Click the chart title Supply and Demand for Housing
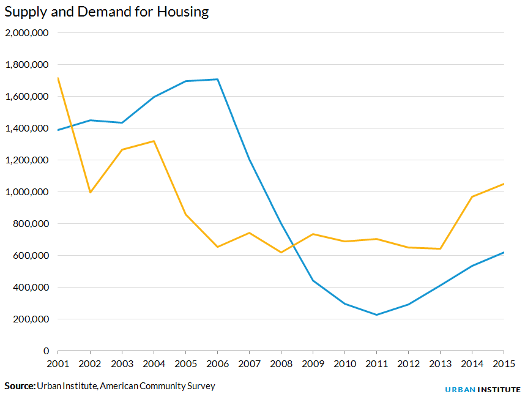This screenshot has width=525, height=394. pyautogui.click(x=106, y=12)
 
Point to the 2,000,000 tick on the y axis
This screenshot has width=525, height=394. pyautogui.click(x=27, y=33)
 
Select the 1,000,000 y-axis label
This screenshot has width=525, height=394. pyautogui.click(x=27, y=192)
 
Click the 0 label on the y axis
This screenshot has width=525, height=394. pyautogui.click(x=46, y=351)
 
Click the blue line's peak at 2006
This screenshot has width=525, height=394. pyautogui.click(x=217, y=79)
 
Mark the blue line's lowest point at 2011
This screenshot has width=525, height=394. pyautogui.click(x=376, y=315)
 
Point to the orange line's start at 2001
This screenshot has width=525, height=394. pyautogui.click(x=58, y=78)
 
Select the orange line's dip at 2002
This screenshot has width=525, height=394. pyautogui.click(x=90, y=192)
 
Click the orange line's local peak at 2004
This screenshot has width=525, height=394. pyautogui.click(x=154, y=141)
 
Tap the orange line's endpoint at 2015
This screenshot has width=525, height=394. pyautogui.click(x=503, y=184)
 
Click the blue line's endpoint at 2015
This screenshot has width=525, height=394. pyautogui.click(x=503, y=253)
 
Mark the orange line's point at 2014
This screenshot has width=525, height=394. pyautogui.click(x=472, y=196)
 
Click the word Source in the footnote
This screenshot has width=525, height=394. pyautogui.click(x=20, y=386)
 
